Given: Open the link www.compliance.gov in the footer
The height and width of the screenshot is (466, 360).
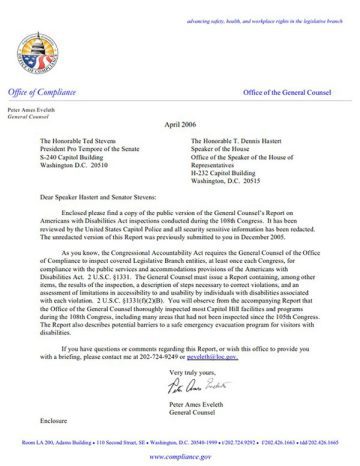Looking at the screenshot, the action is pyautogui.click(x=180, y=451).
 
